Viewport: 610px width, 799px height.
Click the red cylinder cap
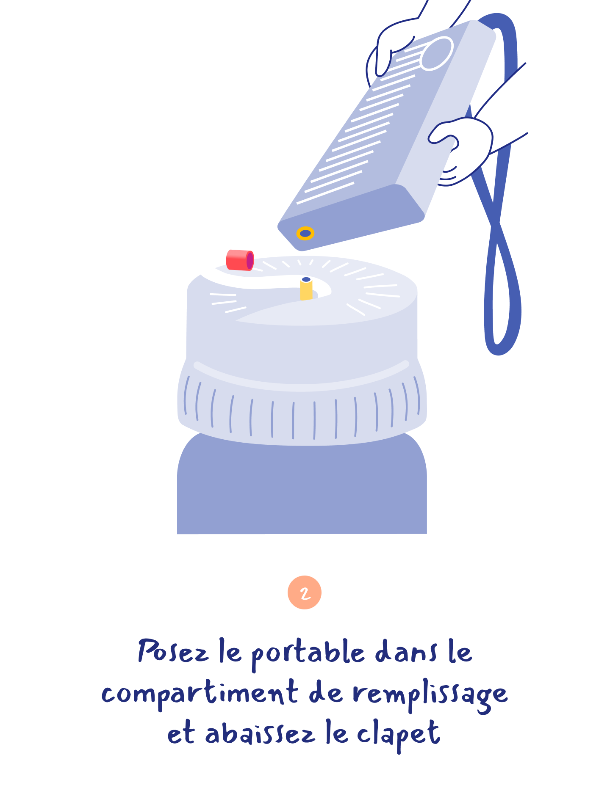240,260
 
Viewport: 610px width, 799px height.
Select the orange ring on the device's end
305,233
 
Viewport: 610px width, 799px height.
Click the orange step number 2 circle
305,592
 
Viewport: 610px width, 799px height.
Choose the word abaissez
261,734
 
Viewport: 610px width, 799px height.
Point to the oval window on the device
437,53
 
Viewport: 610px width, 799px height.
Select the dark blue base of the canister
302,487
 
